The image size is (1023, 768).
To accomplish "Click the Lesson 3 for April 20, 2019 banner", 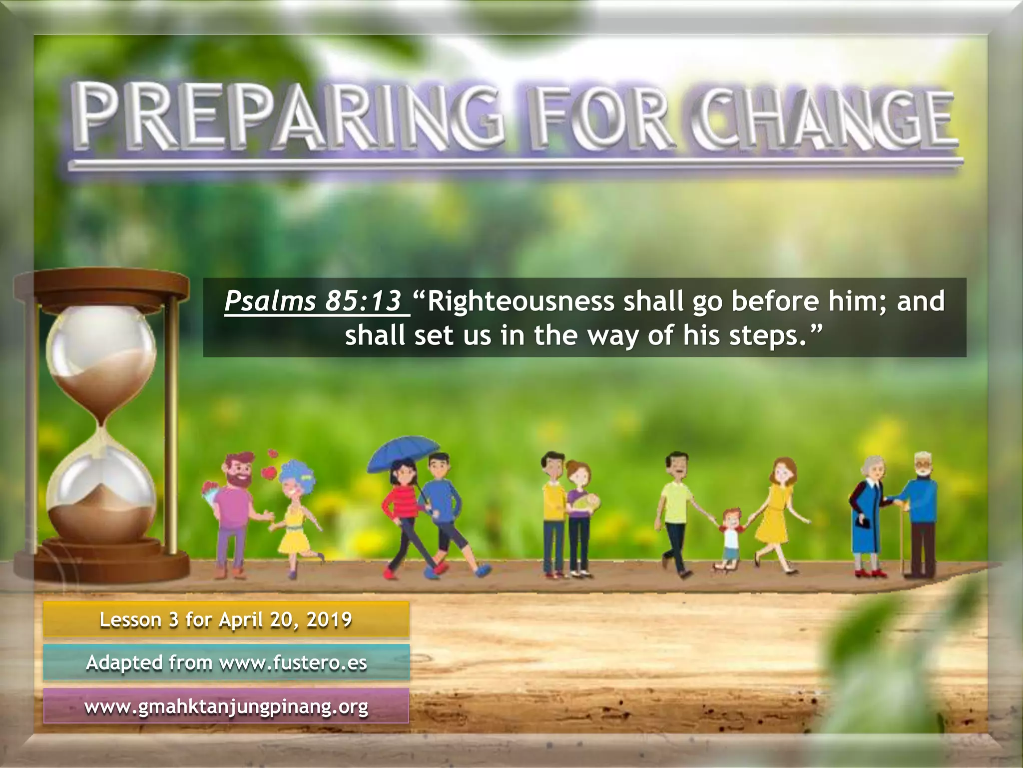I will (226, 620).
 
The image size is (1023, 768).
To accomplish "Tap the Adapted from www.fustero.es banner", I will (226, 663).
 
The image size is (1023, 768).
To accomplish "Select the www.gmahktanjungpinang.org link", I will (226, 707).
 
